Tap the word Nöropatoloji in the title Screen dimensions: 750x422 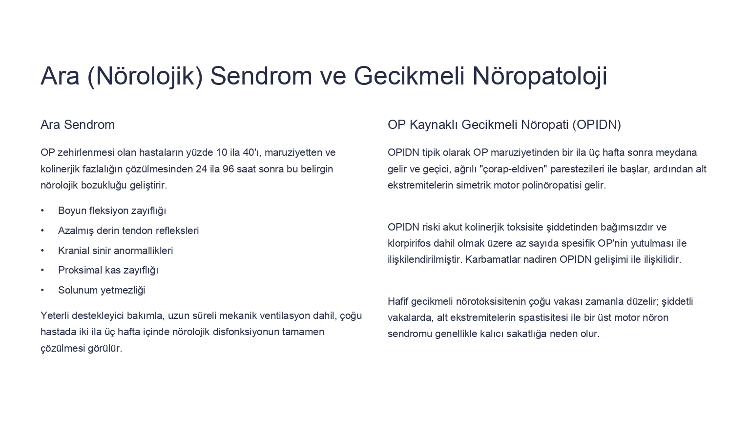click(540, 76)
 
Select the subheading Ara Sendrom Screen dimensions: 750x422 click(78, 125)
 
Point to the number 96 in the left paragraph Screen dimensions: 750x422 click(229, 169)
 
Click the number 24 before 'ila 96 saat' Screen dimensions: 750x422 click(202, 169)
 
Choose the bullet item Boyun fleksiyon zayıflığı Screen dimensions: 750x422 click(112, 211)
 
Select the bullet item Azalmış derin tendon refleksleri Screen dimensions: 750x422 click(128, 231)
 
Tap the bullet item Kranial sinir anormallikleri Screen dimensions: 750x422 click(116, 251)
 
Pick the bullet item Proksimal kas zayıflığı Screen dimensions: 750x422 click(108, 270)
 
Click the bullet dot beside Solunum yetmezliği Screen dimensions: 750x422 click(42, 290)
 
